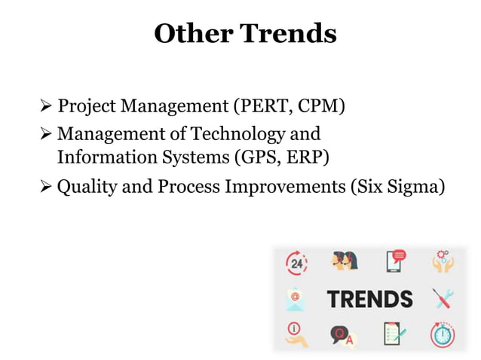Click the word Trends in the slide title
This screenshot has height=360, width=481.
pos(288,33)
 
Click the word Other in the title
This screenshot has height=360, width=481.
pos(193,33)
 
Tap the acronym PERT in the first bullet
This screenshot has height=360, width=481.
pos(259,106)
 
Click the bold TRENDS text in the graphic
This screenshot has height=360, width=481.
pos(369,298)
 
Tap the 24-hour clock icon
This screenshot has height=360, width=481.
pos(296,263)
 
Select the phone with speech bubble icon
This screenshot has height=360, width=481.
pos(395,261)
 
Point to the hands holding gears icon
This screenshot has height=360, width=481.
pos(443,261)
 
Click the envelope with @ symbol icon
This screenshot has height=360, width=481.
pos(296,298)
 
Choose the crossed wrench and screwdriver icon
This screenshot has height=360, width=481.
pos(443,298)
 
